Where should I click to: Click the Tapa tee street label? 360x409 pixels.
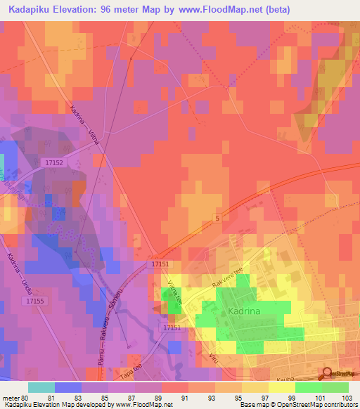(x=130, y=370)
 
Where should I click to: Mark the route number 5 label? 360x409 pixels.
(x=218, y=220)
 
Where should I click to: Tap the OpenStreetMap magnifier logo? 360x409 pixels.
(x=326, y=373)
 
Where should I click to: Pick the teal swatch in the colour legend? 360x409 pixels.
(x=41, y=387)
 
